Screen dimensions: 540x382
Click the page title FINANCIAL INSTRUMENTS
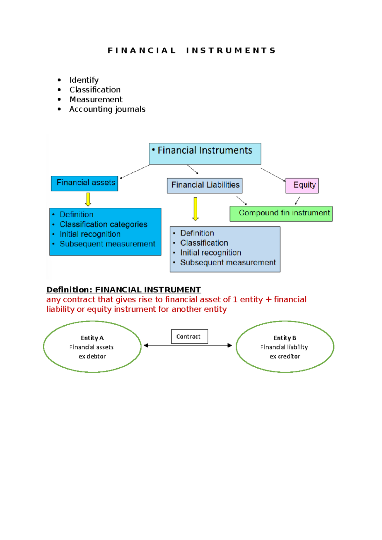191,51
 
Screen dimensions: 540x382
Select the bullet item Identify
84,80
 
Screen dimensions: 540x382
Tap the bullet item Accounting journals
107,109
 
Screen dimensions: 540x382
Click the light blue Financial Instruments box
205,154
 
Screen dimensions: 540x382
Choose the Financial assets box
84,183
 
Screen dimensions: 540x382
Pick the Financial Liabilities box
205,185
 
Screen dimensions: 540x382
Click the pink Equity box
302,186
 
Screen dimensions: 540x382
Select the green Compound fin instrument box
281,213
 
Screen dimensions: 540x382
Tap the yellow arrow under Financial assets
88,199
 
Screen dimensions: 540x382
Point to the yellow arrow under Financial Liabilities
195,209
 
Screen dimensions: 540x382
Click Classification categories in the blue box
103,225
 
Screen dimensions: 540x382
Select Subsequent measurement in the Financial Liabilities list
228,263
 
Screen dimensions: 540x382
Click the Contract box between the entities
189,336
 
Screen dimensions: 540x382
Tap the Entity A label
92,338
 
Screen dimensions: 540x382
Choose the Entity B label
285,338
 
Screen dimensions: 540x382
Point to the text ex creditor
285,357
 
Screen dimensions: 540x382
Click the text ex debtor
92,357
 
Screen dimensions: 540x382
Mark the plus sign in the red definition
268,300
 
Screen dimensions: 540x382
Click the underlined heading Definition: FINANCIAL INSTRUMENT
124,290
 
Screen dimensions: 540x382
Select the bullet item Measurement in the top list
96,100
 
